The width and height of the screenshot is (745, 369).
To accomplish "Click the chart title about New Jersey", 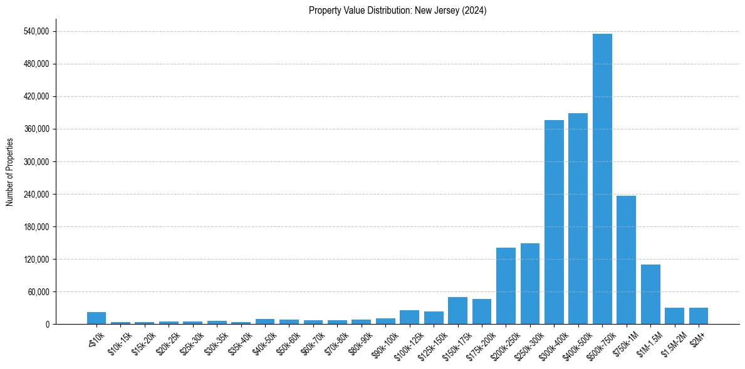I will [397, 11].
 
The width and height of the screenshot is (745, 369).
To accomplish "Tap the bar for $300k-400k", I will [554, 222].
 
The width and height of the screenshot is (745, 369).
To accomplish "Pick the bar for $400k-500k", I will [578, 219].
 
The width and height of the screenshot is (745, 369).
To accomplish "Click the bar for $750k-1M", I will [626, 260].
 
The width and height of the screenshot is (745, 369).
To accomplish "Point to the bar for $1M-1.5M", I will [650, 294].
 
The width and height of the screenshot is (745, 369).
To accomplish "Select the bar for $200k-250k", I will [506, 286].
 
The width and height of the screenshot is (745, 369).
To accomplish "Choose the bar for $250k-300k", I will [530, 283].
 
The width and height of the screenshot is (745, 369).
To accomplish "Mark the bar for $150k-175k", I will [457, 310].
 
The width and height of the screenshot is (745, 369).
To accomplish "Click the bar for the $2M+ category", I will [699, 316].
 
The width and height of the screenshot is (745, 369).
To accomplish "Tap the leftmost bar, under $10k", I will [96, 318].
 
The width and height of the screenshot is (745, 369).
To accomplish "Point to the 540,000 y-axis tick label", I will [36, 31].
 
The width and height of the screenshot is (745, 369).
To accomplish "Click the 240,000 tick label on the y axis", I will [36, 194].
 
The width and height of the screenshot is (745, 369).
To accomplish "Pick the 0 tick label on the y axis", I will [47, 324].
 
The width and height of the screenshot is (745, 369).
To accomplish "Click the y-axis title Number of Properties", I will [9, 172].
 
